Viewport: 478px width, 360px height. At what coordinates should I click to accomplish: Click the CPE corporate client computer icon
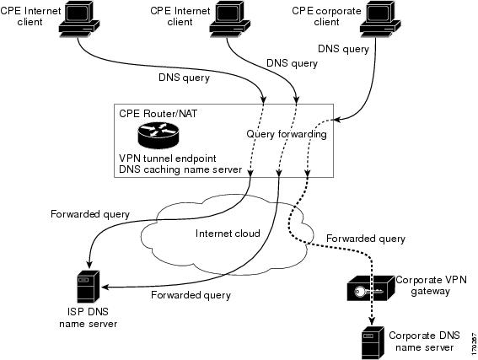380,19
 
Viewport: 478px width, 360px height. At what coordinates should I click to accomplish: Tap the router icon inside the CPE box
158,135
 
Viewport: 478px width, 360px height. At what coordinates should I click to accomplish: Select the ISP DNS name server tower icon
89,287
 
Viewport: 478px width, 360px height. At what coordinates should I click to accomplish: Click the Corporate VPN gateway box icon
371,288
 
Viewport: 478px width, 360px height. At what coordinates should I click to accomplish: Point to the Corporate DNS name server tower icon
373,342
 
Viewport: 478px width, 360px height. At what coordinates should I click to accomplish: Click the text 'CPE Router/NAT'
158,114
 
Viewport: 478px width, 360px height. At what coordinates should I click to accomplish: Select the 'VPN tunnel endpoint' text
168,159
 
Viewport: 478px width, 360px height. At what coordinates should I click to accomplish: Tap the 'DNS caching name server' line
180,169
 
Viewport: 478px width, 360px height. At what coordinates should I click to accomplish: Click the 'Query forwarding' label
287,134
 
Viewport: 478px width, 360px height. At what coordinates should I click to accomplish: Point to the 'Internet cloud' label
228,234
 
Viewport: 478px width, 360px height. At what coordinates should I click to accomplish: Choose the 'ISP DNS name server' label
89,318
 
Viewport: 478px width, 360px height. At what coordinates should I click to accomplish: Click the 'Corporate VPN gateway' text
431,286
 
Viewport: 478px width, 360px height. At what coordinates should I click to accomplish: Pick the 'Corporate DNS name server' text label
424,341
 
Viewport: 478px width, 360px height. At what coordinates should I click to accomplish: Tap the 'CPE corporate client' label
326,17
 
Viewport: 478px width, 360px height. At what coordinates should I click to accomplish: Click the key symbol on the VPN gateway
368,292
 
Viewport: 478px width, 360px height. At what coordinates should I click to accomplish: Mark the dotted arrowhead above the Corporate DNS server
371,321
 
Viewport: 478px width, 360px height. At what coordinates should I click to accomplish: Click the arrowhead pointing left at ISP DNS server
105,287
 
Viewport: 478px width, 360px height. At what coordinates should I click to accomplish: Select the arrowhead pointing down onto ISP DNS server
89,263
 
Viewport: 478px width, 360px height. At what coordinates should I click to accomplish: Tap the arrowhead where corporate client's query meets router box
337,120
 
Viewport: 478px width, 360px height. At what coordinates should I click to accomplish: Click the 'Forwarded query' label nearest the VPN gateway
366,239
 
